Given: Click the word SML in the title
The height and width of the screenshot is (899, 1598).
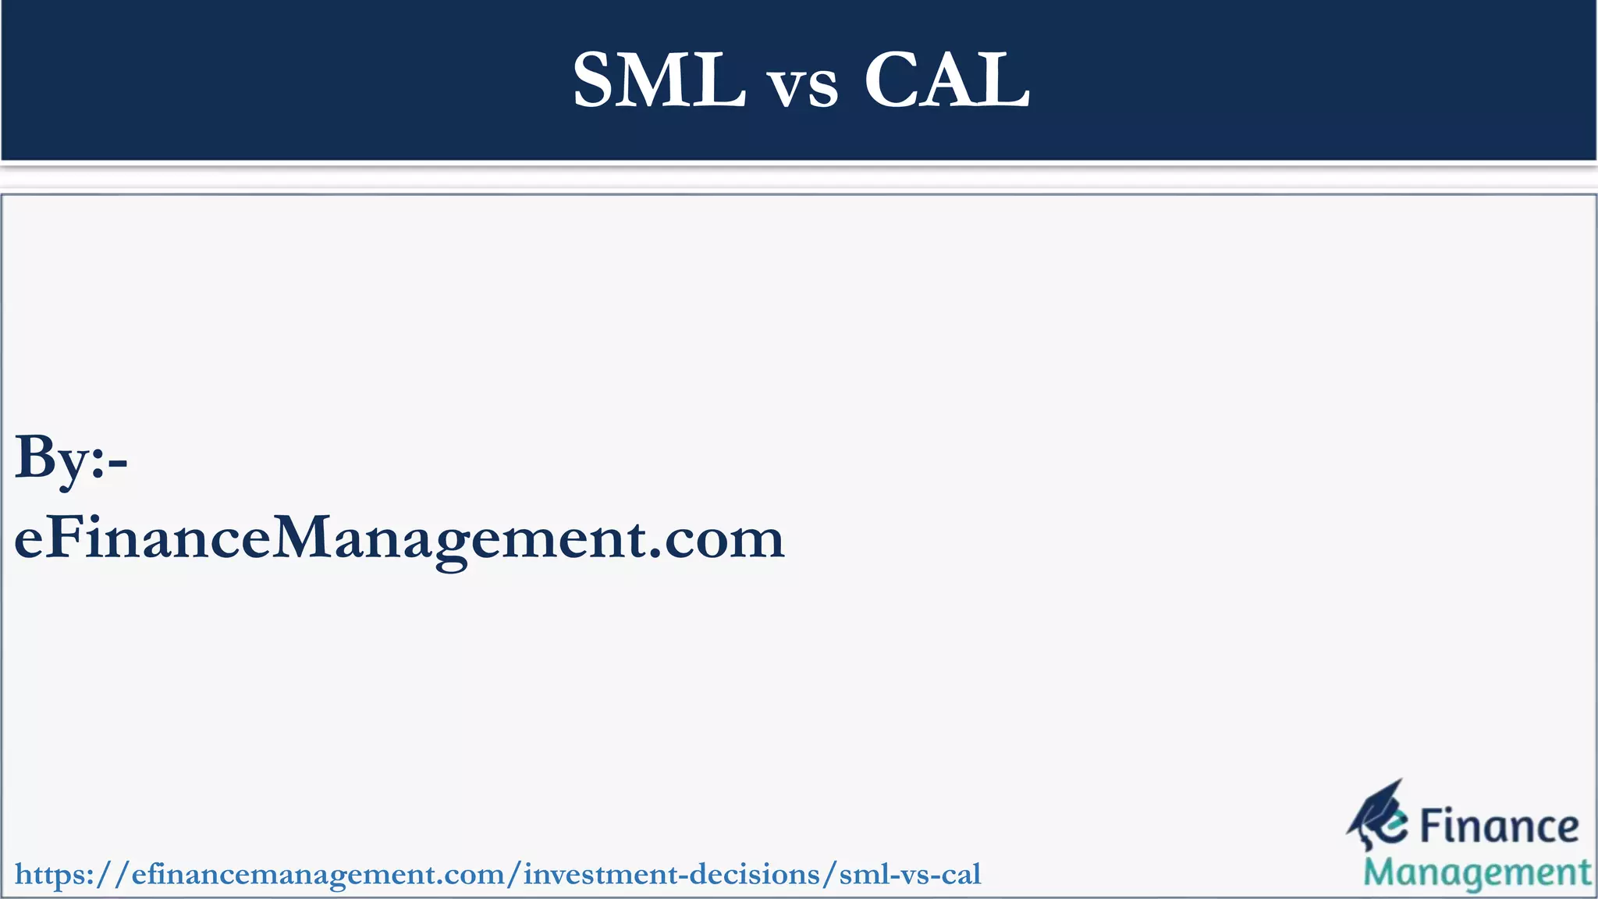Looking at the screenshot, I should pyautogui.click(x=659, y=80).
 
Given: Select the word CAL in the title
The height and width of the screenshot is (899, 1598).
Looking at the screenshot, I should pyautogui.click(x=946, y=80).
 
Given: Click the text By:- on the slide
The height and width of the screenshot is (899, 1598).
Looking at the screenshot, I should pyautogui.click(x=71, y=459).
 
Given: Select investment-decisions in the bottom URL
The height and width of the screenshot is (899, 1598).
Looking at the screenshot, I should pyautogui.click(x=672, y=874).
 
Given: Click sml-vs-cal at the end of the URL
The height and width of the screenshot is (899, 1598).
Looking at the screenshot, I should pyautogui.click(x=910, y=874).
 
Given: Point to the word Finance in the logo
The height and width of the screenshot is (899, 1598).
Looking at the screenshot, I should pyautogui.click(x=1499, y=827).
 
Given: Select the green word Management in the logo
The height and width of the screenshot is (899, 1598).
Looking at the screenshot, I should pyautogui.click(x=1477, y=873).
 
